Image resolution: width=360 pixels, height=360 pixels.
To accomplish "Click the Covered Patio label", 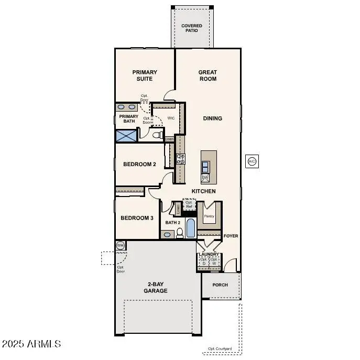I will [192, 28].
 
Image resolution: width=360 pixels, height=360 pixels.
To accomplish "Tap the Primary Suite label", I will [145, 75].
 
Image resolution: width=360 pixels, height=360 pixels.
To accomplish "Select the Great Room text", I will [208, 75].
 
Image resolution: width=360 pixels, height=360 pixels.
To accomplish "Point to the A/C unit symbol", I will [252, 161].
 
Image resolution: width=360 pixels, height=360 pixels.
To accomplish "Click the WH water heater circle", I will [121, 245].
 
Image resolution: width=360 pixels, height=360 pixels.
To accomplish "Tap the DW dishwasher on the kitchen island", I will [205, 178].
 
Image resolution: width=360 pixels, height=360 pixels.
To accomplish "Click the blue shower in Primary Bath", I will [126, 136].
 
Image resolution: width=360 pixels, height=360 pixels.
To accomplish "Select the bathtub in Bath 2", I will [190, 228].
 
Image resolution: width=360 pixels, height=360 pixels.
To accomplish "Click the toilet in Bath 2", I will [179, 233].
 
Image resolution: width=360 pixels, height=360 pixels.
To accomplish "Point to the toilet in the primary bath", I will [156, 136].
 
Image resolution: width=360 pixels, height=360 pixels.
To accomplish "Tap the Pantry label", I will [209, 215].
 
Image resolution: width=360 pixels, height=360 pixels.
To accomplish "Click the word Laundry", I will [209, 254].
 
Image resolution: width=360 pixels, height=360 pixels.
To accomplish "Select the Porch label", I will [220, 285].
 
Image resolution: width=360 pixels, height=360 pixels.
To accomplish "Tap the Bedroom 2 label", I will [139, 164].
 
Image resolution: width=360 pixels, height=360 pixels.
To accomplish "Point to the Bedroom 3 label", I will [137, 218].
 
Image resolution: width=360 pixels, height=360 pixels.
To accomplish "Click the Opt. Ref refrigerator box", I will [189, 204].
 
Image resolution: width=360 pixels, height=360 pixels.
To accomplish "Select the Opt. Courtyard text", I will [220, 348].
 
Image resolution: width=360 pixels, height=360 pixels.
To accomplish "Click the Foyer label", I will [231, 236].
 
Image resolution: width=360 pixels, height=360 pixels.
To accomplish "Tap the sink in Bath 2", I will [167, 234].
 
